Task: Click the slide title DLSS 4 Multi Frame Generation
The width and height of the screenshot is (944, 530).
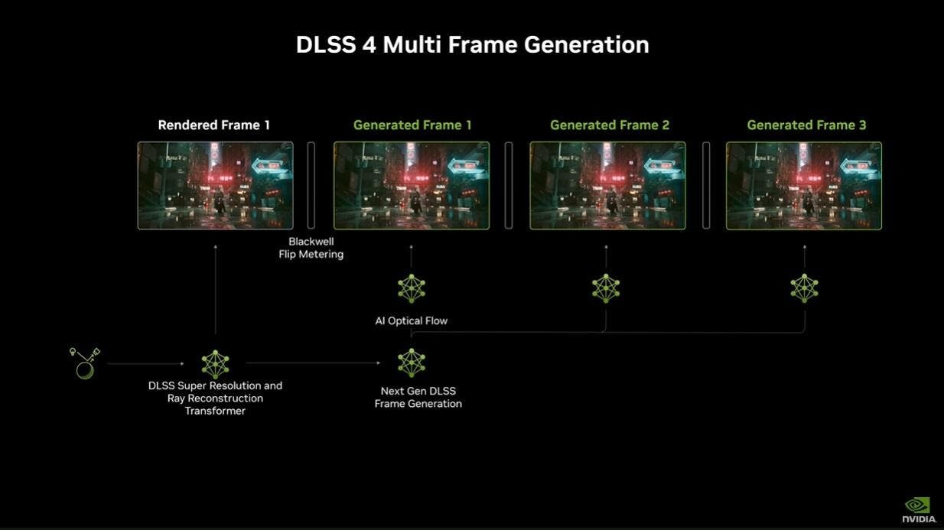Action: click(473, 44)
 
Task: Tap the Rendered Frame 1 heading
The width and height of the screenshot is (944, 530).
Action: click(213, 125)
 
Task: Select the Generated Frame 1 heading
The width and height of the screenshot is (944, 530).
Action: click(412, 125)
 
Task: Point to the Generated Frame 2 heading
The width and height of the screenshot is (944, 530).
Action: click(610, 125)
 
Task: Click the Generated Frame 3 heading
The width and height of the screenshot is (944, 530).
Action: click(806, 125)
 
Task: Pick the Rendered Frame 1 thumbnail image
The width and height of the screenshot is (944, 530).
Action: click(216, 186)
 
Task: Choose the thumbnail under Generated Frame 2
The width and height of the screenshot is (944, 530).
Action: click(607, 186)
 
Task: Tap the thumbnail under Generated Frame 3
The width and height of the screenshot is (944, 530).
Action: click(804, 186)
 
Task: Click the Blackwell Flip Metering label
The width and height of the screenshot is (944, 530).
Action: click(311, 248)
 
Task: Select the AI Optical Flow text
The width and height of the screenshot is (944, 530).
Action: click(412, 320)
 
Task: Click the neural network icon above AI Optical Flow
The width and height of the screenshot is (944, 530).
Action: click(412, 288)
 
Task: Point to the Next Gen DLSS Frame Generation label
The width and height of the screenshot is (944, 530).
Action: click(418, 397)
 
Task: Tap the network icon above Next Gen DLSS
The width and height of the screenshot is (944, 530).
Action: click(412, 363)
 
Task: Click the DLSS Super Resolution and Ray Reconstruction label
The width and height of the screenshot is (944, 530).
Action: click(215, 398)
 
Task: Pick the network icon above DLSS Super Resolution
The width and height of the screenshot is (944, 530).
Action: click(216, 365)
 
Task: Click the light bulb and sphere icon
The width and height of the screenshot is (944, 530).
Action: click(85, 363)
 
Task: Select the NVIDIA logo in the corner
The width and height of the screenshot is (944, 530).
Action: click(918, 510)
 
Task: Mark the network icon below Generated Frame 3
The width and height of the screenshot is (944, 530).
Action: click(805, 288)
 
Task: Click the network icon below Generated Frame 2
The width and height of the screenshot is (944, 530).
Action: click(606, 288)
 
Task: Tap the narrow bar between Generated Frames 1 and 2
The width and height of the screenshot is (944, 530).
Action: click(509, 185)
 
